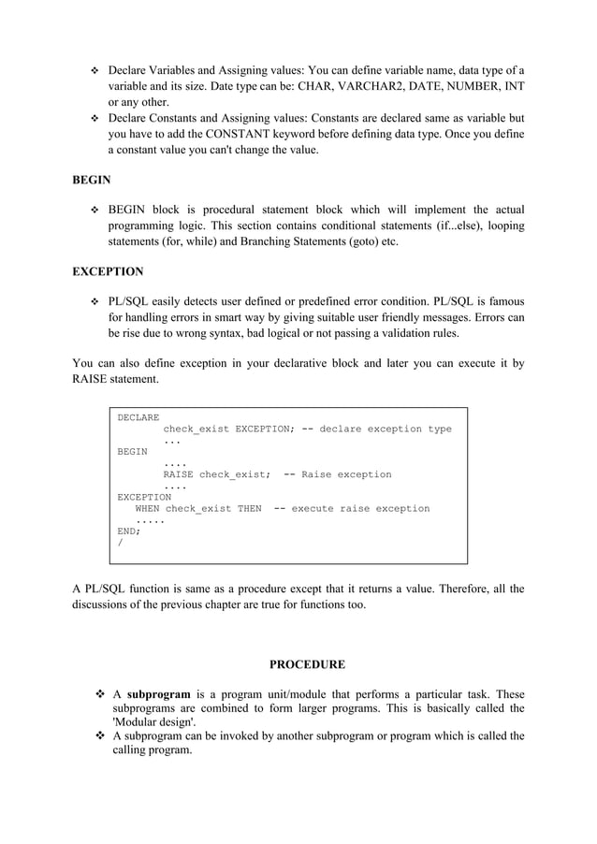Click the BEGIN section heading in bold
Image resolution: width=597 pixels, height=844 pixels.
[92, 180]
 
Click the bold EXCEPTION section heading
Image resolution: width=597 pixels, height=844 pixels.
[108, 271]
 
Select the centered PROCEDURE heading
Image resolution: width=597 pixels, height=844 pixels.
[307, 664]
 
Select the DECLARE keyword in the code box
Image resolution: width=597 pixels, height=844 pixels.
[138, 417]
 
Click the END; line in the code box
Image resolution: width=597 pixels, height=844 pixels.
[128, 531]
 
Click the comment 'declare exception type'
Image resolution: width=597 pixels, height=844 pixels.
[386, 429]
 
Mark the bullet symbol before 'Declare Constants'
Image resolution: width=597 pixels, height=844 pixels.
[94, 119]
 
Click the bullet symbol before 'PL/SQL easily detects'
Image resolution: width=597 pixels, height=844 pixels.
[94, 302]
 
